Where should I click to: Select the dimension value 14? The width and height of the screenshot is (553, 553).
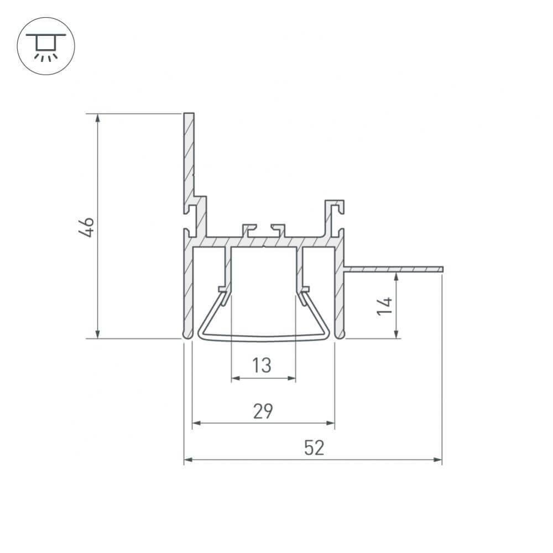click(385, 306)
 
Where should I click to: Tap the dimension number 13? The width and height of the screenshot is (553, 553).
click(262, 366)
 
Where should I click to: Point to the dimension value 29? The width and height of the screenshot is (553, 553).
click(263, 411)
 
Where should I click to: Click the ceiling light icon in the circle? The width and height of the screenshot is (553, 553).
click(46, 46)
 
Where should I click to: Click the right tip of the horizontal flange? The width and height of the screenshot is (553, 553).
click(442, 269)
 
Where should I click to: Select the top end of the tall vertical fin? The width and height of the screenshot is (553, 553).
click(189, 114)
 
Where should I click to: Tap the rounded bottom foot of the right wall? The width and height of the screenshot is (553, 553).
click(340, 335)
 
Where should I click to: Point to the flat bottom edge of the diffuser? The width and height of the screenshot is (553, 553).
click(263, 338)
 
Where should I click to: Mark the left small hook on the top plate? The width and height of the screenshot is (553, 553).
click(249, 227)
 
